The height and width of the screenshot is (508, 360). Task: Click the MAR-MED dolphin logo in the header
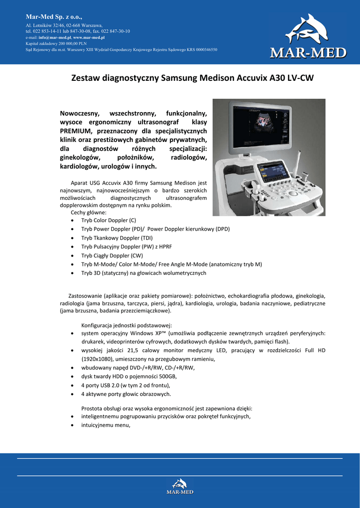307,38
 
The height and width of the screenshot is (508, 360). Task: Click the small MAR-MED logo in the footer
180,486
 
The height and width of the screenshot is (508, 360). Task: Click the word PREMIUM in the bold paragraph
76,130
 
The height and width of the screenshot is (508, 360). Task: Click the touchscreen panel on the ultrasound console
272,172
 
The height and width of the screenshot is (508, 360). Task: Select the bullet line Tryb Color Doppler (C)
108,220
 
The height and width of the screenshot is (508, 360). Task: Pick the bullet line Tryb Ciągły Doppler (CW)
112,255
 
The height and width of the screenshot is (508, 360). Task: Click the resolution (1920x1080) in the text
98,359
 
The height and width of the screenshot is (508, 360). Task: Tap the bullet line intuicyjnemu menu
106,425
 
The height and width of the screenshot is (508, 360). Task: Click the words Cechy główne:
85,212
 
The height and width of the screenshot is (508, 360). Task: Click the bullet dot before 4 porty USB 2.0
73,385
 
